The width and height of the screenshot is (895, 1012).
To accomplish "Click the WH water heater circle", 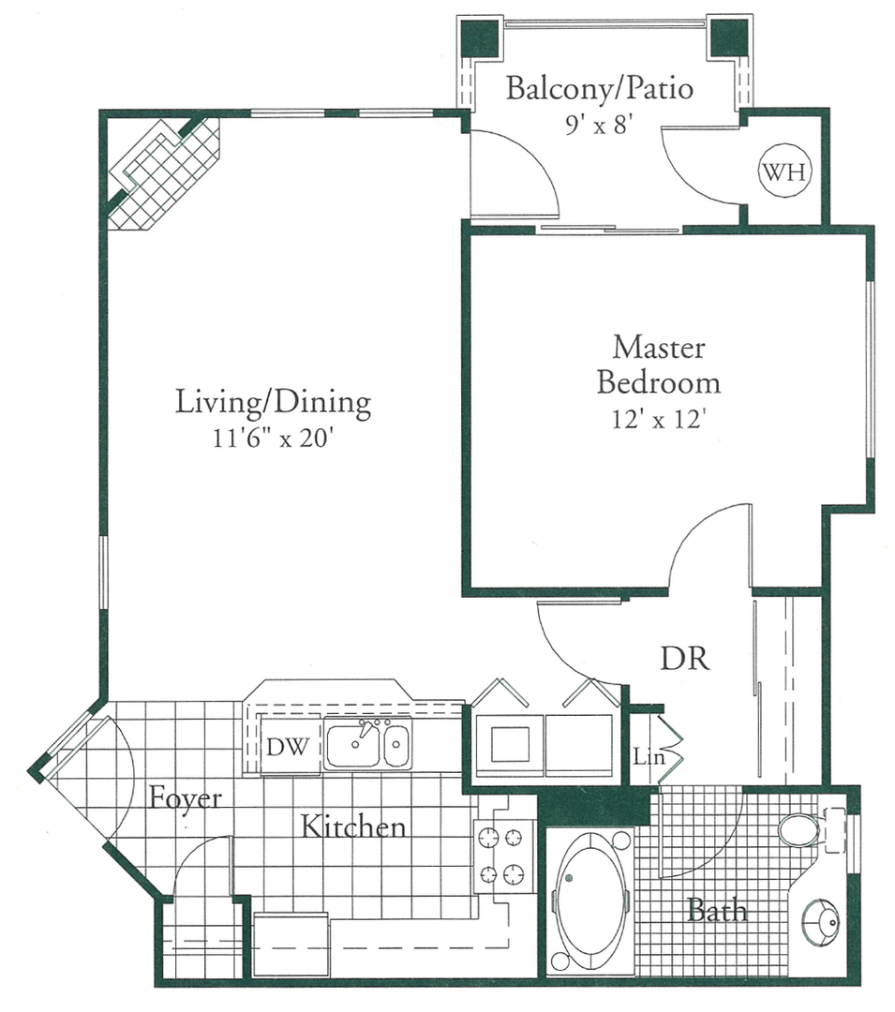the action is (x=784, y=171).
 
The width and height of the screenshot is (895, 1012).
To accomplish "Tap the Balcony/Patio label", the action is (x=600, y=88).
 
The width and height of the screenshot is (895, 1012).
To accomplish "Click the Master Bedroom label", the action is (x=658, y=365).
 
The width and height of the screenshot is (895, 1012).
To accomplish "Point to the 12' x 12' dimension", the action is (x=657, y=420).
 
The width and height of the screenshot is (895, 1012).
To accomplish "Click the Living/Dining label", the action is (x=273, y=402).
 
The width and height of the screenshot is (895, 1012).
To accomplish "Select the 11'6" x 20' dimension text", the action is (x=273, y=439).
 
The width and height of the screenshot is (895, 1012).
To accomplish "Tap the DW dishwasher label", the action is (x=288, y=747).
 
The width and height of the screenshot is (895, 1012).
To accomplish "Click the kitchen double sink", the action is (x=367, y=743).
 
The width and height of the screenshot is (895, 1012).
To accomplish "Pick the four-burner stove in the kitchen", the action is (x=502, y=856).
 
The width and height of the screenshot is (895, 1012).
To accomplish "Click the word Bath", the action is (x=717, y=910).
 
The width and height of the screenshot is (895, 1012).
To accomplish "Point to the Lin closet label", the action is (x=649, y=756).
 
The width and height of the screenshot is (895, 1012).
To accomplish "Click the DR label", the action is (x=685, y=659).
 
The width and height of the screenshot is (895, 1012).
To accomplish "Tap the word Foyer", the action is (x=186, y=799).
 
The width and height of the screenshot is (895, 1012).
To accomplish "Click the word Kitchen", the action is (x=353, y=826).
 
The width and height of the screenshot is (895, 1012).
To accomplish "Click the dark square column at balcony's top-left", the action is (x=481, y=38).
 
